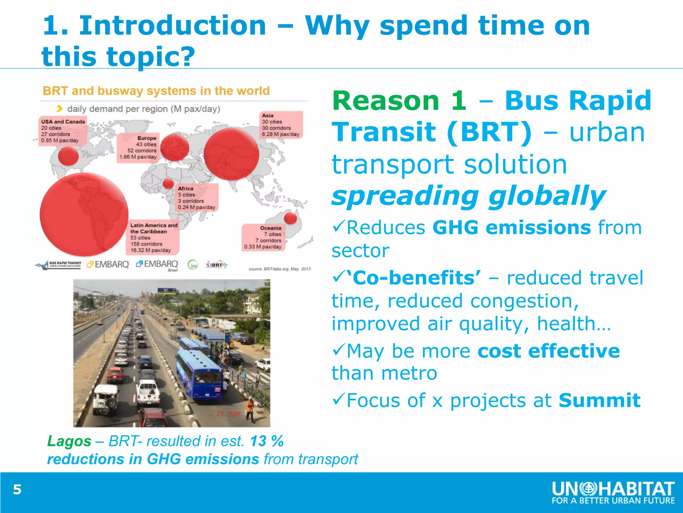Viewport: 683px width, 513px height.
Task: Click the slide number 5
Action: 17,490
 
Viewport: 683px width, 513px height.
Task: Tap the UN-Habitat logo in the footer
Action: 613,493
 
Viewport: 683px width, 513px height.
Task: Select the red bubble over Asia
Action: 231,154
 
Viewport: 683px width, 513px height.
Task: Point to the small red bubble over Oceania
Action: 290,218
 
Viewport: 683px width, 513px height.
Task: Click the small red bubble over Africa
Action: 168,183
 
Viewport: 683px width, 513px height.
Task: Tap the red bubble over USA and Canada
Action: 68,156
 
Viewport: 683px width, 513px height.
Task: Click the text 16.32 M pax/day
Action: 150,250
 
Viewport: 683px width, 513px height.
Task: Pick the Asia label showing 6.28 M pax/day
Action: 280,134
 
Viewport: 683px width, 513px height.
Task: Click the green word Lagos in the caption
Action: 69,441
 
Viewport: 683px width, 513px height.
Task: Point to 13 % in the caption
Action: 267,441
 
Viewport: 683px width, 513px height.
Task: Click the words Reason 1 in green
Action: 399,101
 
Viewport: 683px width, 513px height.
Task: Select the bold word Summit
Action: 599,400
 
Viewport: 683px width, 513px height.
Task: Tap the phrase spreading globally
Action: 468,196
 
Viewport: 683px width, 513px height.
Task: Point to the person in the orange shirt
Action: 249,409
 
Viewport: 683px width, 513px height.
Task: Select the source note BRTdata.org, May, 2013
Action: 279,269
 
